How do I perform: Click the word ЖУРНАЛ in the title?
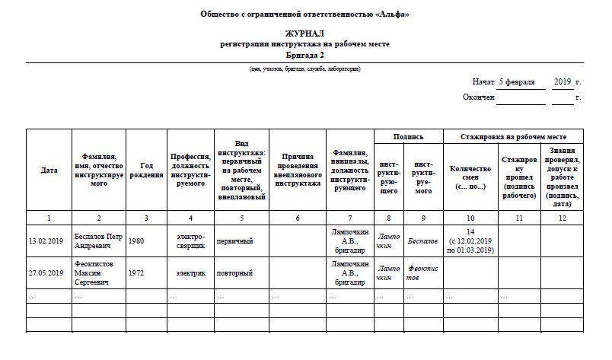point(304,34)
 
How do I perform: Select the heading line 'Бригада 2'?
point(304,56)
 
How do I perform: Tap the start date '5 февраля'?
point(517,81)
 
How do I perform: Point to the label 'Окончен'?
point(479,97)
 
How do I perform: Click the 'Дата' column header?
point(49,170)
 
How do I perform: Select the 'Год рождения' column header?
point(146,170)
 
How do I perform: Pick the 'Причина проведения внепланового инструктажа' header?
point(297,170)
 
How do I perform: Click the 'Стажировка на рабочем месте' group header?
point(513,137)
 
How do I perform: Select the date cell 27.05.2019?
point(46,272)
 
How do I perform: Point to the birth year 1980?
point(137,241)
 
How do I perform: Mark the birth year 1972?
point(137,272)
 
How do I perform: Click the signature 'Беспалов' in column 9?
point(422,241)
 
